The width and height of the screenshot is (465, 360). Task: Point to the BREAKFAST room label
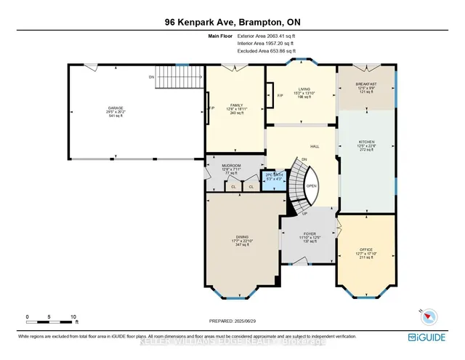tap(367, 84)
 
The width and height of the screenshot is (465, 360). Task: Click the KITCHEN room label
tap(368, 141)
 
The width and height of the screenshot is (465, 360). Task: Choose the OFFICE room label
tap(365, 249)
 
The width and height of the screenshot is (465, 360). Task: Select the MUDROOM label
tap(231, 166)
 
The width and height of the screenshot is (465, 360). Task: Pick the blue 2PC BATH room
tap(273, 180)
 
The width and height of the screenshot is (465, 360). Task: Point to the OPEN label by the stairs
tap(310, 185)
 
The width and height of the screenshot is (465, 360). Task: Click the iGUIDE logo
tap(434, 337)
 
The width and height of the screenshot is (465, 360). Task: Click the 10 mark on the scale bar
tap(73, 317)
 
